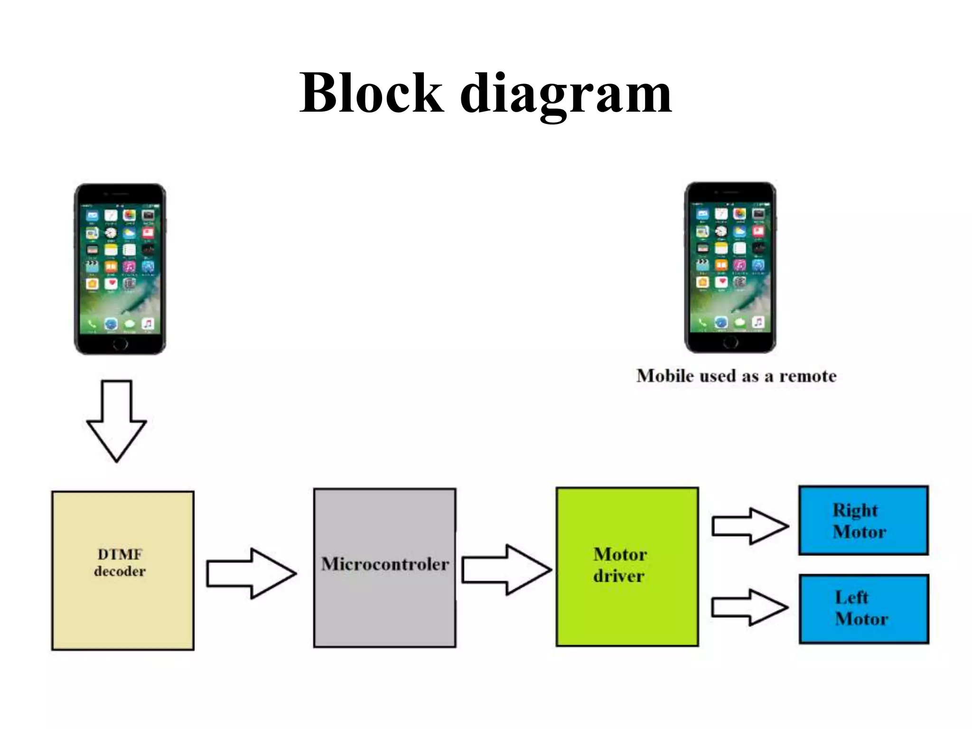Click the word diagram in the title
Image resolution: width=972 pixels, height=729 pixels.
tap(566, 95)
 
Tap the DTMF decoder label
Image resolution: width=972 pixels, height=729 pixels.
tap(120, 563)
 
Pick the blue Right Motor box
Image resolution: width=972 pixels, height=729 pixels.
tap(863, 521)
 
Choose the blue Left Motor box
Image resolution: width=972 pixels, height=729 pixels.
tap(863, 609)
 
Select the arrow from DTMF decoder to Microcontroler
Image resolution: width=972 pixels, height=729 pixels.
tap(251, 573)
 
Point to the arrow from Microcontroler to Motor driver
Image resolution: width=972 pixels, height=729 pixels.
tap(506, 570)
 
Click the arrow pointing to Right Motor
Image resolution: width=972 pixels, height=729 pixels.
tap(750, 526)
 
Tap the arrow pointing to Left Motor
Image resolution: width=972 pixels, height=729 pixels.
tap(749, 607)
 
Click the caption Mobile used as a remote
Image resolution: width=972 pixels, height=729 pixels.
tap(736, 376)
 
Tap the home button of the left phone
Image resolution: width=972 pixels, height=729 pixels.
tap(121, 344)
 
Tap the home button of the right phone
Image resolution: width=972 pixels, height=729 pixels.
tap(730, 342)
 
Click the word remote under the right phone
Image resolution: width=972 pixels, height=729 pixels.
tap(807, 376)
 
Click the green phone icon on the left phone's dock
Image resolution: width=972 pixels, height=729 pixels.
tap(92, 324)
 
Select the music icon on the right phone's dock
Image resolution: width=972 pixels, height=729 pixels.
tap(758, 322)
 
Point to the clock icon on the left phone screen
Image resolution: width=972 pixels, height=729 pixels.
tap(111, 233)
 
